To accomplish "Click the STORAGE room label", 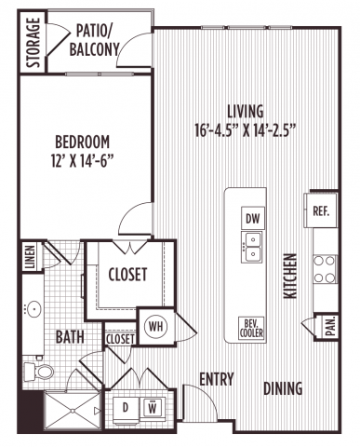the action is click(x=33, y=43).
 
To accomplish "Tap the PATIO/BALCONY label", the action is click(x=94, y=41).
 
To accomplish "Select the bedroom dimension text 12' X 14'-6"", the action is click(x=82, y=161).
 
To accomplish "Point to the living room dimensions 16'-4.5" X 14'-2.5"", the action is click(x=245, y=130).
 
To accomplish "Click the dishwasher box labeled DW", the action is click(x=253, y=218).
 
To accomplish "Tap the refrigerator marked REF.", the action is click(x=321, y=211).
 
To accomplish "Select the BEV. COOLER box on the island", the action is click(x=251, y=329).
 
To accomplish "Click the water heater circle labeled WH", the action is click(x=156, y=327).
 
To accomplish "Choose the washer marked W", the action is click(x=153, y=408).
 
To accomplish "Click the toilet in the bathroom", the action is click(x=38, y=372).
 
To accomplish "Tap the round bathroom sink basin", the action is click(x=33, y=309).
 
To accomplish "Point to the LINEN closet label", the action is click(x=30, y=257).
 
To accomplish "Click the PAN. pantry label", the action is click(x=331, y=327).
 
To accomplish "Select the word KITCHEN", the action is click(x=290, y=277).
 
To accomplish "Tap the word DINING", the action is click(x=283, y=388).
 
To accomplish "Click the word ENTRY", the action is click(x=217, y=379).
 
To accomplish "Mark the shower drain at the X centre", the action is click(x=73, y=411).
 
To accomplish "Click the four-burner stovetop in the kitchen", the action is click(x=325, y=269).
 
